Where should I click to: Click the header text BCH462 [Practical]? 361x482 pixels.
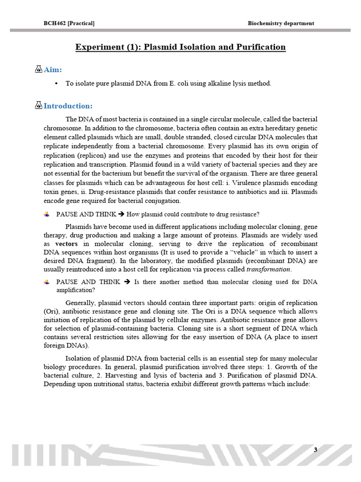pos(69,24)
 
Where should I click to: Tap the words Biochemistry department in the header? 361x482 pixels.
pos(281,24)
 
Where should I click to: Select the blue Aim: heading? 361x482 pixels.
pos(53,70)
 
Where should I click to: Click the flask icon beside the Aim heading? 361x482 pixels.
pos(39,69)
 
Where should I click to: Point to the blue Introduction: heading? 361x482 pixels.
pos(68,106)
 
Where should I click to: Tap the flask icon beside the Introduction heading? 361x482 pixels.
pos(39,105)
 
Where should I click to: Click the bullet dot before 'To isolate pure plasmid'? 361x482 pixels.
pos(56,84)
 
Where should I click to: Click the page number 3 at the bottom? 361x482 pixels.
pos(315,450)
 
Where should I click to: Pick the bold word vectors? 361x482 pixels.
pos(66,244)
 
